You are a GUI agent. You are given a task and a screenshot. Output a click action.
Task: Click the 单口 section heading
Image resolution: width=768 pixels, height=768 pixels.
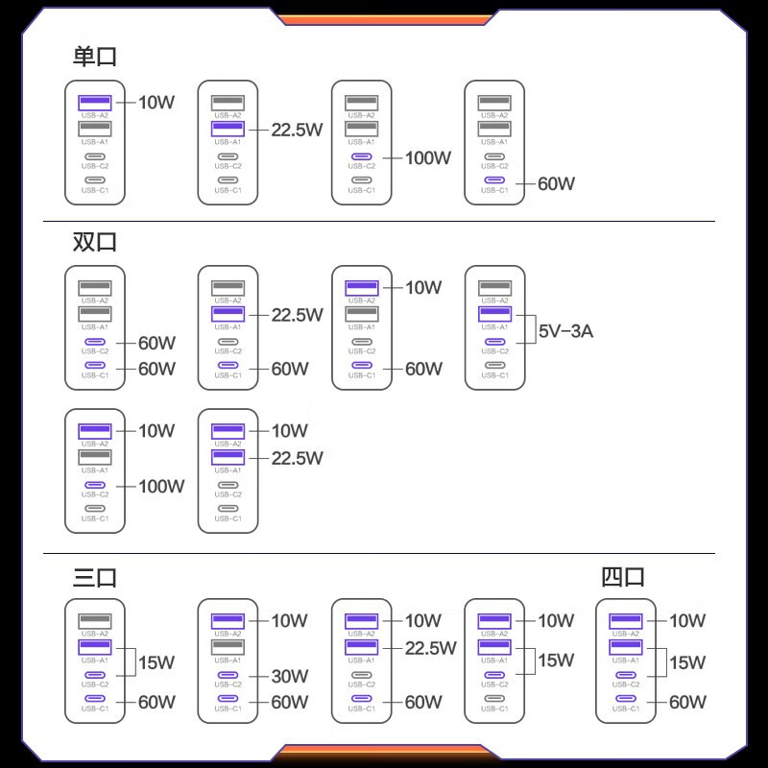coord(94,57)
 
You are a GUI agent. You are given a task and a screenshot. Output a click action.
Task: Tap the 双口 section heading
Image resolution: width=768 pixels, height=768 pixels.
coord(94,242)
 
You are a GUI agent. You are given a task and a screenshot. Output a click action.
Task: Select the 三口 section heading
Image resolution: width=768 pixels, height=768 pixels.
coord(94,578)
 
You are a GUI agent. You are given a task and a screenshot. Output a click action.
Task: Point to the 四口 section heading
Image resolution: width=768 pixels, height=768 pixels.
coord(622,577)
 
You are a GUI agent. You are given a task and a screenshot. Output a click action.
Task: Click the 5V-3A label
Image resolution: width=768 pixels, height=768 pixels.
coord(565,331)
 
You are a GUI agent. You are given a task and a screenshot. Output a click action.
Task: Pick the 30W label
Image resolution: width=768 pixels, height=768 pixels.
coord(290,677)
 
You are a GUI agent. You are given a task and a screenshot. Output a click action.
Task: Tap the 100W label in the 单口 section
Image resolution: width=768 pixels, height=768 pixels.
coord(428,157)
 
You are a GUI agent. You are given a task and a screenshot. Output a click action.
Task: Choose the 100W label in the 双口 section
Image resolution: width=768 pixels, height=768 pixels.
coord(161,487)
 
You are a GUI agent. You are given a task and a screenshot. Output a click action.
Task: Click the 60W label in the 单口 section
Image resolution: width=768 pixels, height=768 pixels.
coord(557,183)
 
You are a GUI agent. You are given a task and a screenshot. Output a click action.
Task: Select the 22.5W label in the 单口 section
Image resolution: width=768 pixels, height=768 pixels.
coord(298,130)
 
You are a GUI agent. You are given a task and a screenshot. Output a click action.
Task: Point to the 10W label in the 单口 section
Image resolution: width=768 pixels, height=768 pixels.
coord(156,103)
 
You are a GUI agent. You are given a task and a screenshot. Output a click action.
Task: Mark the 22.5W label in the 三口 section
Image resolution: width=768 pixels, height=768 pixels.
coord(430,649)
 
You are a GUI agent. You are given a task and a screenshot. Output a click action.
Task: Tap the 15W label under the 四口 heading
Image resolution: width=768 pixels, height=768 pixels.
coord(687,662)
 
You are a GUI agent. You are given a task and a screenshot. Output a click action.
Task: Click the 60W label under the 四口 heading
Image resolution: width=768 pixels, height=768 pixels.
coord(687,703)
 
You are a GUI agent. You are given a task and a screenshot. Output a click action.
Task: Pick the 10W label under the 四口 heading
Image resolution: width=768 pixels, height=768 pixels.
coord(687,620)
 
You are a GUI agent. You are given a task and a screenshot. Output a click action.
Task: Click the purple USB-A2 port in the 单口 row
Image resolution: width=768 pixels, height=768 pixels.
coord(95,103)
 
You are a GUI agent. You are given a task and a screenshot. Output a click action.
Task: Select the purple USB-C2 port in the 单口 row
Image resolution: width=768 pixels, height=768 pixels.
coord(362,156)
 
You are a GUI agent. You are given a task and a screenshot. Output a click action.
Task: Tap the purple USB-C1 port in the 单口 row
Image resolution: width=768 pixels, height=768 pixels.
coord(494,180)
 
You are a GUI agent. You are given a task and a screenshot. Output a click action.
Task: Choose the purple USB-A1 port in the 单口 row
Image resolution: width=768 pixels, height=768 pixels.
coord(228,129)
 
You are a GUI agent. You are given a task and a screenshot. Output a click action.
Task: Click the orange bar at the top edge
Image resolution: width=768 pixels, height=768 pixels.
coord(385,19)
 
